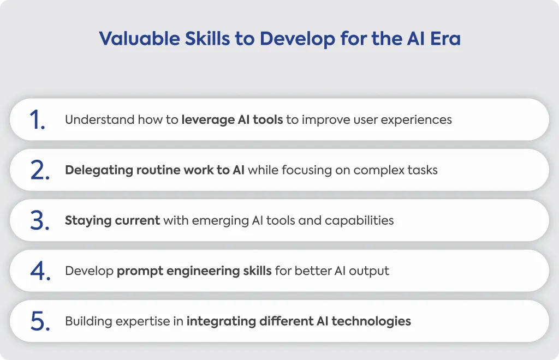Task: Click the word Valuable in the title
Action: tap(139, 39)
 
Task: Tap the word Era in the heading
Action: tap(445, 39)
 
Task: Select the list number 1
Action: tap(37, 119)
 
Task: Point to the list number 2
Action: tap(40, 170)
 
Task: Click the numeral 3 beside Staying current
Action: tap(40, 220)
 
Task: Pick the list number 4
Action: tap(40, 271)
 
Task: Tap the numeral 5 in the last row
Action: tap(40, 321)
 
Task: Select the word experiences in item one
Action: tap(416, 120)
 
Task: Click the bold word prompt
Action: tap(140, 271)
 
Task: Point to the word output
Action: tap(369, 271)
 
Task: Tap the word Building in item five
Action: tap(88, 321)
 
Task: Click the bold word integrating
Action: tap(221, 321)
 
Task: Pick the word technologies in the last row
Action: tap(371, 321)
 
